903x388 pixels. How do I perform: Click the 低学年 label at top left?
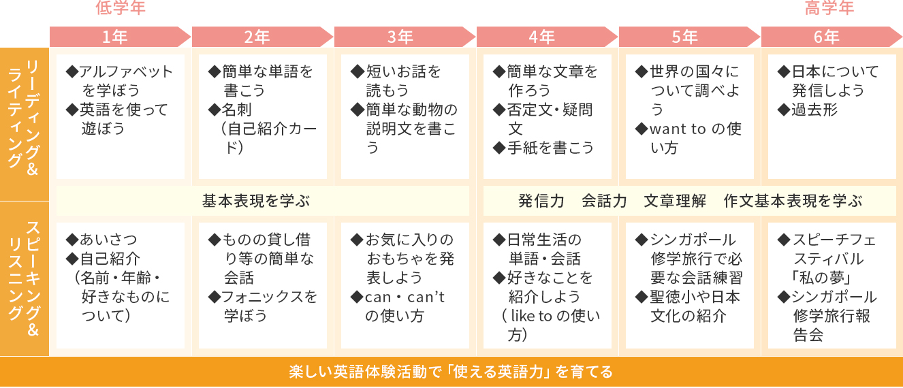point(121,9)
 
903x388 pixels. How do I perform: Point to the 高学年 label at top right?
point(829,9)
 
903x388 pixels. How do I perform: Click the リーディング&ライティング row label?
point(25,123)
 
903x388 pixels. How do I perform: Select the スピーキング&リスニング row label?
point(25,279)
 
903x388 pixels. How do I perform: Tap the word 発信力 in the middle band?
point(541,201)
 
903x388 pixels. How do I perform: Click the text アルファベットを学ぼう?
point(120,81)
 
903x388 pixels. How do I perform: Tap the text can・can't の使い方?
point(398,306)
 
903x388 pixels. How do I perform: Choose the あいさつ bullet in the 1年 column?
point(102,240)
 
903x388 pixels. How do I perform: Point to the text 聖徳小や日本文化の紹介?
point(688,306)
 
